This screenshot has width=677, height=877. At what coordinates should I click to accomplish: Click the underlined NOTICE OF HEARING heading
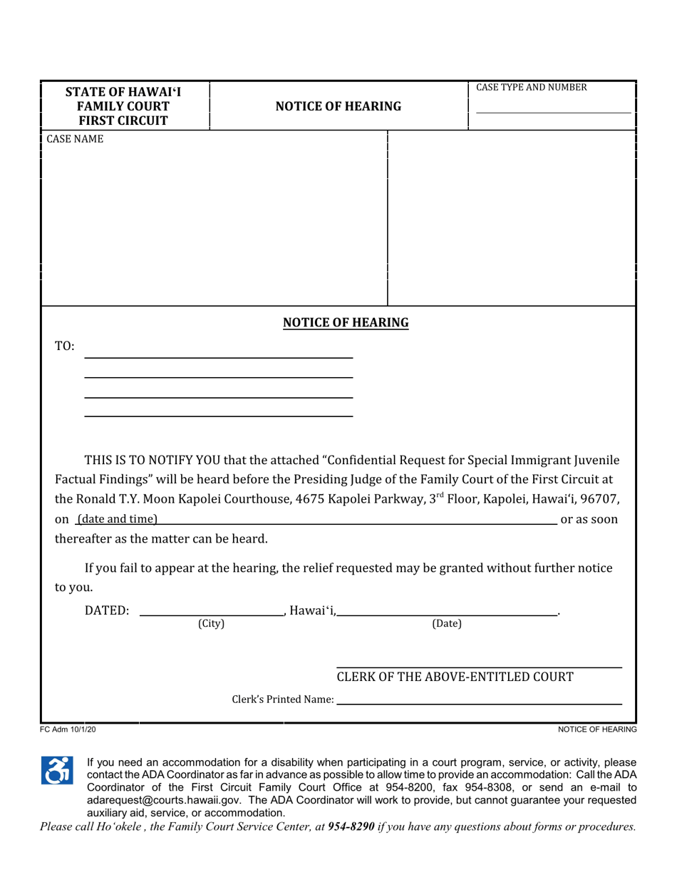346,323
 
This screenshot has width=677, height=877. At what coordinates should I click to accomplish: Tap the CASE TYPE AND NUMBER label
532,88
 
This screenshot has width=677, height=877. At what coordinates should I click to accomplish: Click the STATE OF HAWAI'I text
123,92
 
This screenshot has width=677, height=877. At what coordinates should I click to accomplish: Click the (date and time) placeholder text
117,518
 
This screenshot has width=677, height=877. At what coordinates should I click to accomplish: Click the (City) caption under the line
211,624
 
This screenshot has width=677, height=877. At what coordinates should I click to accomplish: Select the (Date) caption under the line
447,624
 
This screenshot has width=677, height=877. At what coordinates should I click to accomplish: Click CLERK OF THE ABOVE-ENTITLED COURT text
455,677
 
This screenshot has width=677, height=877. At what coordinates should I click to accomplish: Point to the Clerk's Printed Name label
283,700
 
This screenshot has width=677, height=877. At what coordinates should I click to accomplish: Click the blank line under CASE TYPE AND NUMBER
553,112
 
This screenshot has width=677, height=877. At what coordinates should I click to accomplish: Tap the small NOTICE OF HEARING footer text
596,730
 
